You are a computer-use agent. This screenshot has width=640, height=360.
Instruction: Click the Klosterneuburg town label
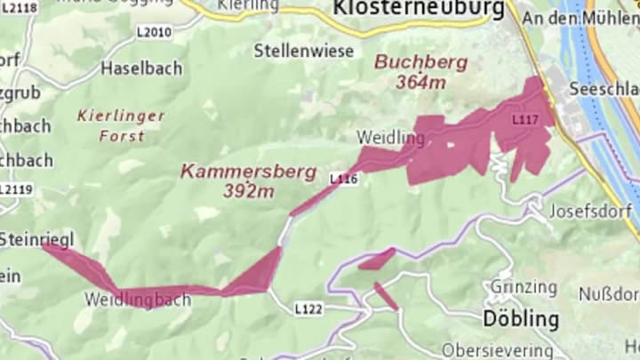point(419,10)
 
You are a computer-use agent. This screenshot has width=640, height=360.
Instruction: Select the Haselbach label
point(141,68)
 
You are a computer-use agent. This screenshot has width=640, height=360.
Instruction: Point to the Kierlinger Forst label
point(121,125)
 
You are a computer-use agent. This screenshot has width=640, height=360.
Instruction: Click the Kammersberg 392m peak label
point(248,180)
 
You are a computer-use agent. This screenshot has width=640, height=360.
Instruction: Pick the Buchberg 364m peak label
point(410,71)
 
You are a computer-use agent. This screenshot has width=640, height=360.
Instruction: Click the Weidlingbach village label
point(138,300)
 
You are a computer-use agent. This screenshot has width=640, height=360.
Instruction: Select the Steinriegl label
point(36,239)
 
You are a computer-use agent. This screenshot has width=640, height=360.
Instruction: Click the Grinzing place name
point(524,288)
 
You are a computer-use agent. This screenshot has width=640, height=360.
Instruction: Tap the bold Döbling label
point(521,319)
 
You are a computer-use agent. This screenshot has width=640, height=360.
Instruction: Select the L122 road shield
point(308,308)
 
